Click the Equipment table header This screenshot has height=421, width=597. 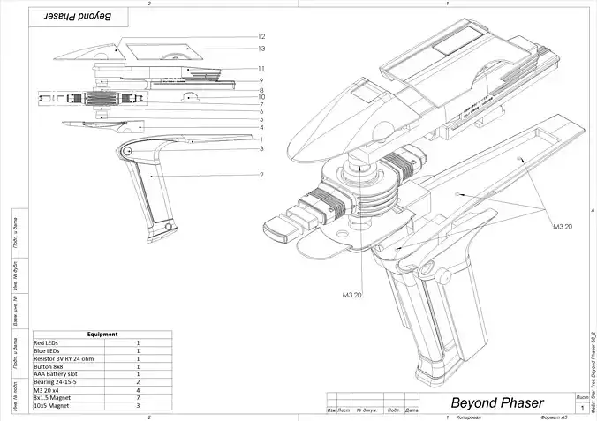click(102, 335)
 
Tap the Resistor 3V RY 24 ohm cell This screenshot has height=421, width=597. click(62, 358)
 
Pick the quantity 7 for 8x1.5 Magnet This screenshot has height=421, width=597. click(139, 398)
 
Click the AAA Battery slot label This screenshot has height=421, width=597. click(57, 374)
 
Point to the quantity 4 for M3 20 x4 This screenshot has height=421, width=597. click(139, 390)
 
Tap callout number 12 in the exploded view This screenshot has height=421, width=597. click(262, 37)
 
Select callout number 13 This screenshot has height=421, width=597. click(262, 49)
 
